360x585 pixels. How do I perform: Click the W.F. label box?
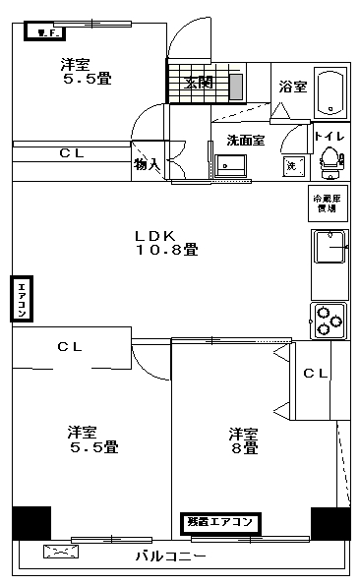[44, 32]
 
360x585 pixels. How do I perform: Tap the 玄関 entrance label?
[198, 84]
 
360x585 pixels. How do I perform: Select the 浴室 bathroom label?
[292, 87]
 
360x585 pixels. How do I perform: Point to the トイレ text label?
[329, 137]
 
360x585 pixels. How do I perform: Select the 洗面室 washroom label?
[245, 141]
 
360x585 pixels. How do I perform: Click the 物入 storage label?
[147, 164]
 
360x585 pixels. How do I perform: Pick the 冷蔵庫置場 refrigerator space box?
[327, 201]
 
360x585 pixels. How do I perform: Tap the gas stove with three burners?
[329, 317]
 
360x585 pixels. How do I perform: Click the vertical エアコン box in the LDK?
[21, 300]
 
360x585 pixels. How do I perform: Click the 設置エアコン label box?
[221, 522]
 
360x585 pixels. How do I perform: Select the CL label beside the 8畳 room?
[315, 373]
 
